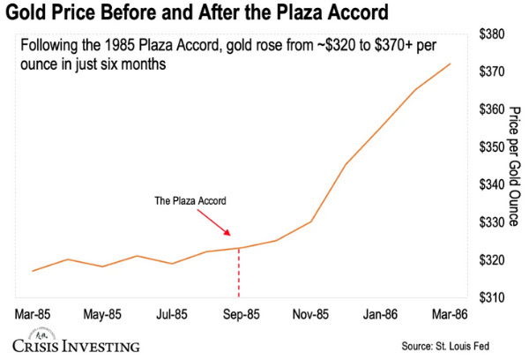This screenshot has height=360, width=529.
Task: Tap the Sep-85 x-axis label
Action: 240,313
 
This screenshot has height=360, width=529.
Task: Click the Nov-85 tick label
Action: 309,313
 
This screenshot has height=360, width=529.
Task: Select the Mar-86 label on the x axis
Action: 450,313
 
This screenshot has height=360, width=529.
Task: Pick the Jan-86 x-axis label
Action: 379,313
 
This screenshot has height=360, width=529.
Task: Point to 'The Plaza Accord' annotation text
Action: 190,200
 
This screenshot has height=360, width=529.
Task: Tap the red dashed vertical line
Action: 239,274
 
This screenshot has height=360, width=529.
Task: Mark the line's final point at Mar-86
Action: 450,64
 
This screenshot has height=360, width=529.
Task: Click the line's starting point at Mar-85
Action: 34,271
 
